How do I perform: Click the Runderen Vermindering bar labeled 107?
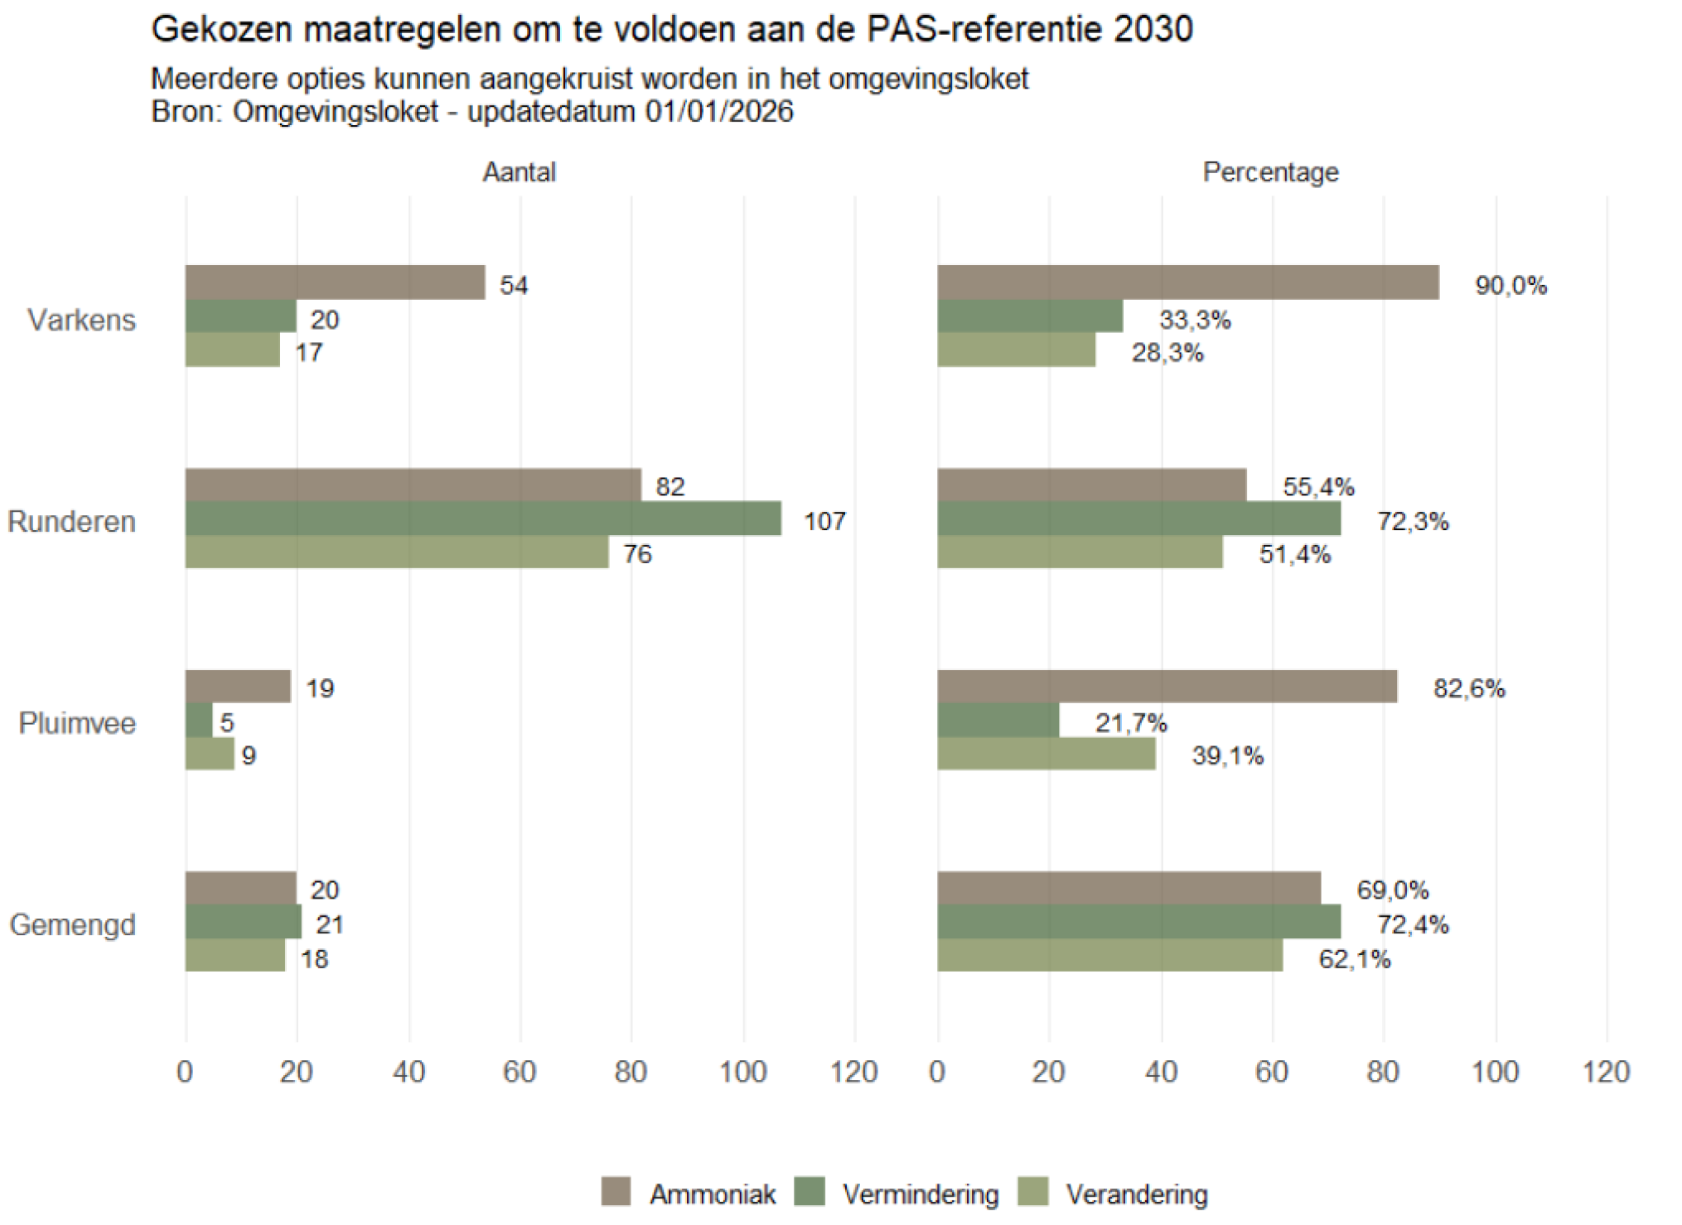click(482, 518)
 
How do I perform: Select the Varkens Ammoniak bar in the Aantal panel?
click(335, 282)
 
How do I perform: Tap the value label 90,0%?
click(1510, 286)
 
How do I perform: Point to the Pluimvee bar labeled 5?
click(199, 721)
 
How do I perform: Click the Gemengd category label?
click(72, 924)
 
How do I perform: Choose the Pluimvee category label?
click(77, 723)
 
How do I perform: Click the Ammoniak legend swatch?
click(616, 1193)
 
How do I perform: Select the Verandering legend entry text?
click(1136, 1194)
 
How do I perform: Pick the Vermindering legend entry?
click(920, 1194)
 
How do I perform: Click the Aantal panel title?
click(519, 172)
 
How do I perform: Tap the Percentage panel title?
click(1270, 172)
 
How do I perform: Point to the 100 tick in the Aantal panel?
click(742, 1072)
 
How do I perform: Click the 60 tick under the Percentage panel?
click(1271, 1072)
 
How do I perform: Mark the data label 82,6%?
click(1468, 688)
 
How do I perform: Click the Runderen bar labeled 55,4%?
click(1091, 485)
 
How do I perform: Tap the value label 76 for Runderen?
click(637, 554)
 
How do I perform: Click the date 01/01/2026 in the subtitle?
click(718, 112)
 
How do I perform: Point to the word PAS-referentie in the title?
click(985, 30)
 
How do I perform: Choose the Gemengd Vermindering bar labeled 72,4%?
click(1138, 922)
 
